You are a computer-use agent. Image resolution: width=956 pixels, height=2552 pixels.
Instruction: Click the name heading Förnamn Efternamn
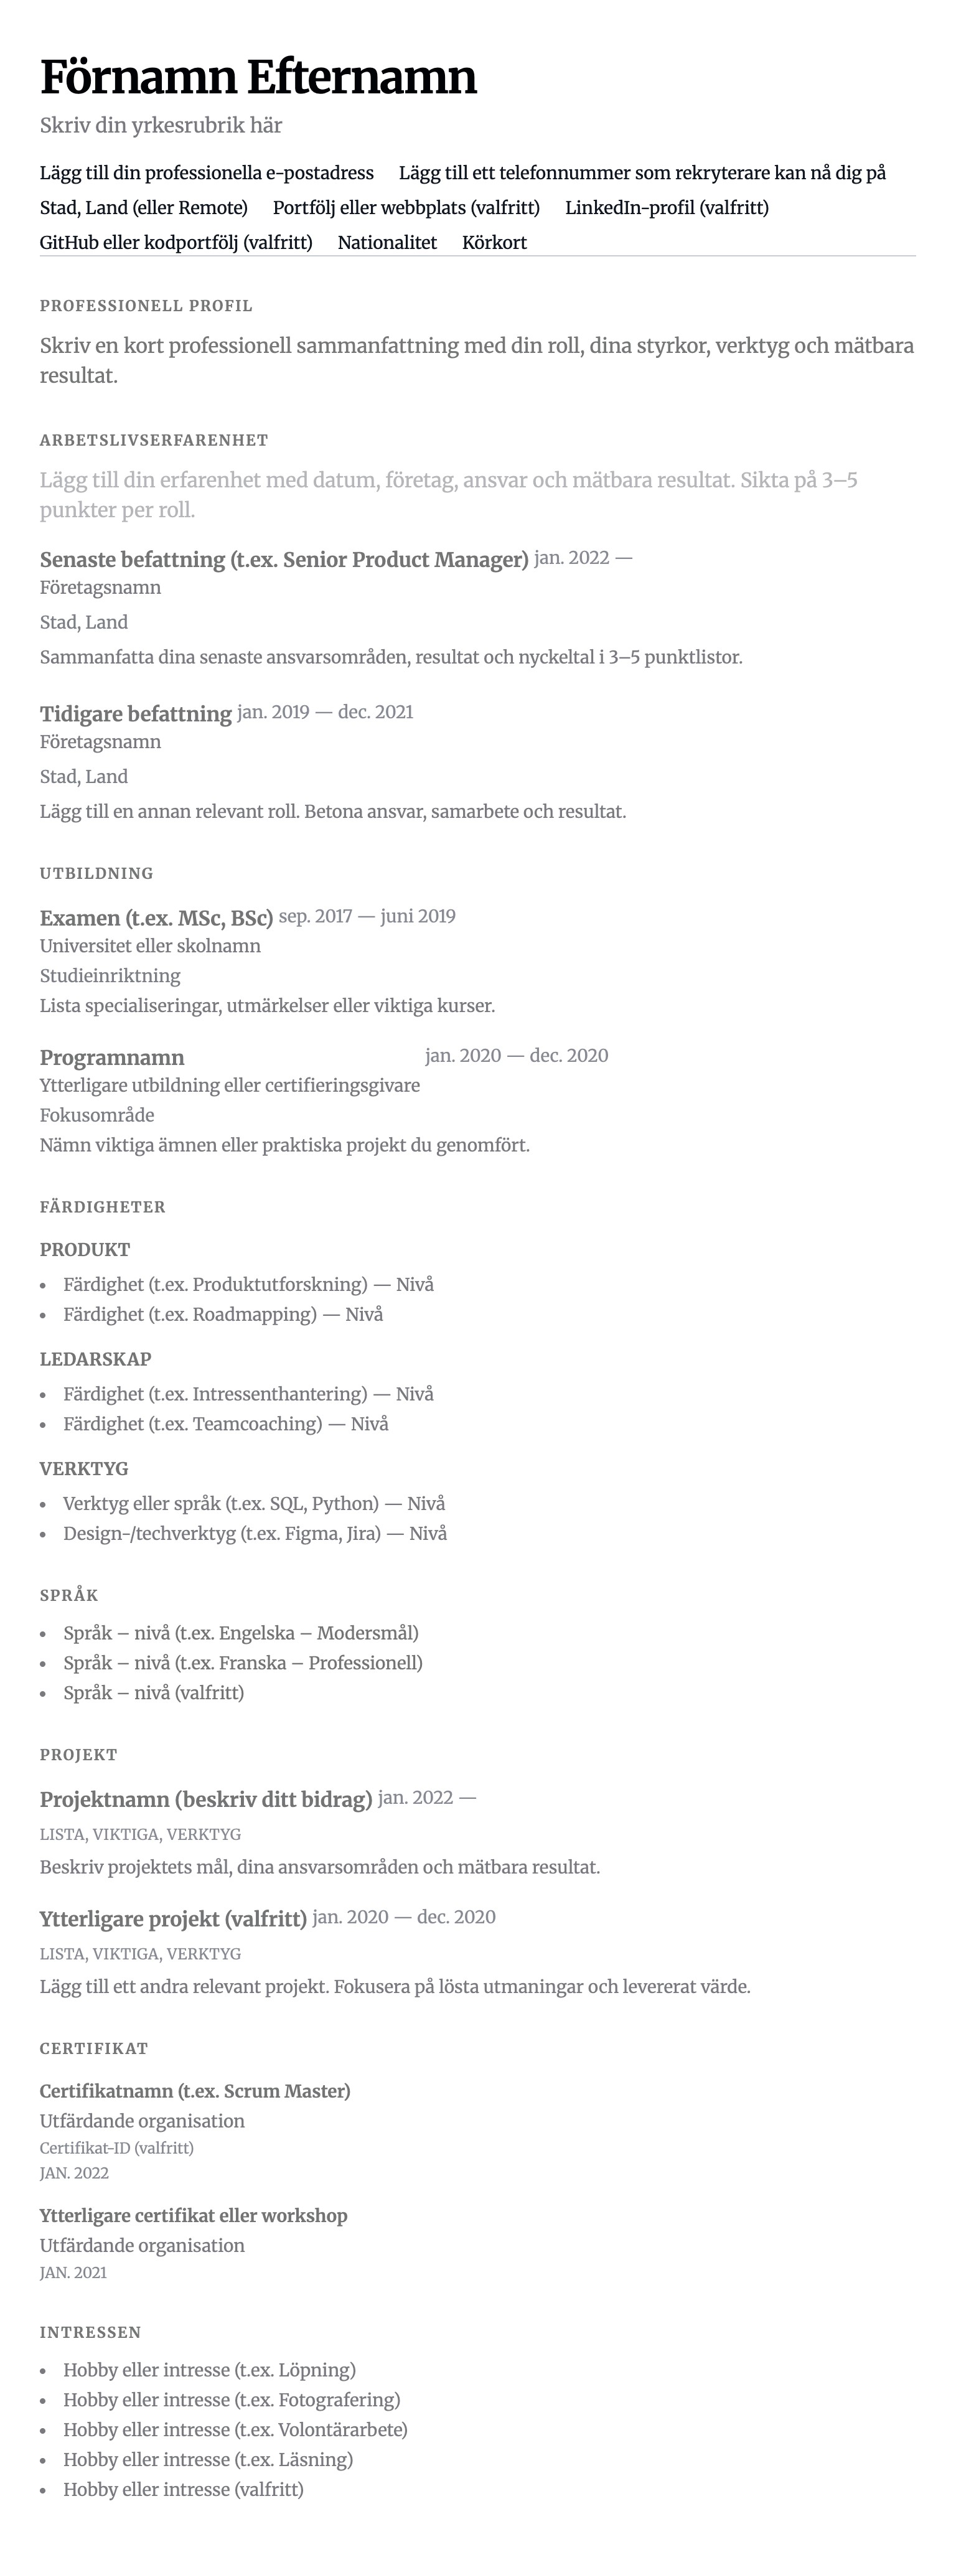[x=258, y=77]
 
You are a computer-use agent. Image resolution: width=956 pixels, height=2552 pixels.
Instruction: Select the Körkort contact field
[x=494, y=243]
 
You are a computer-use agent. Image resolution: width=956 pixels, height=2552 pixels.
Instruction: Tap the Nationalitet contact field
[x=387, y=243]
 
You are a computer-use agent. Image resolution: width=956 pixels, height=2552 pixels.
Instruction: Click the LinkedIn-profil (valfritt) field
[x=666, y=208]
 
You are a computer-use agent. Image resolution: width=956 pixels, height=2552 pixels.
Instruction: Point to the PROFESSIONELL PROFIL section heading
[x=146, y=306]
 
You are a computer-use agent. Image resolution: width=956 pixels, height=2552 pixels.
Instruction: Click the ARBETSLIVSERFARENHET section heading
[x=154, y=440]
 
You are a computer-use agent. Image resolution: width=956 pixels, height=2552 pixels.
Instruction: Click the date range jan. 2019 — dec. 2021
[x=325, y=712]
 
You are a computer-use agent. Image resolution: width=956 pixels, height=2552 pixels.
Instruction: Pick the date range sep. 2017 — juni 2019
[x=367, y=916]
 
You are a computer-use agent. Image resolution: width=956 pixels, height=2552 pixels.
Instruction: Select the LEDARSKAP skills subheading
[x=95, y=1359]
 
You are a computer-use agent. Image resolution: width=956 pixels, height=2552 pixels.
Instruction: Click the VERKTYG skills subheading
[x=84, y=1468]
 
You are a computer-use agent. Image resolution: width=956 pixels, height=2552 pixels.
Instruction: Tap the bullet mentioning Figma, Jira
[x=255, y=1534]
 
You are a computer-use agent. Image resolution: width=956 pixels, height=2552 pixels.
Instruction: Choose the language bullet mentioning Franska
[x=243, y=1663]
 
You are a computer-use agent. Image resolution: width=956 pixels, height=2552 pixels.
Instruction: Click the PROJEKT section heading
[x=78, y=1755]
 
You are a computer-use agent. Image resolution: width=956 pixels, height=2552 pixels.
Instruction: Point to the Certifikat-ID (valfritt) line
[x=117, y=2148]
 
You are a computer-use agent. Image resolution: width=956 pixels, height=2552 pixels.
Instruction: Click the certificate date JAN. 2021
[x=73, y=2273]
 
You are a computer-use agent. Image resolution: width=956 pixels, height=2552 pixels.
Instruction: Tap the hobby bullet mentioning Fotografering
[x=232, y=2400]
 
